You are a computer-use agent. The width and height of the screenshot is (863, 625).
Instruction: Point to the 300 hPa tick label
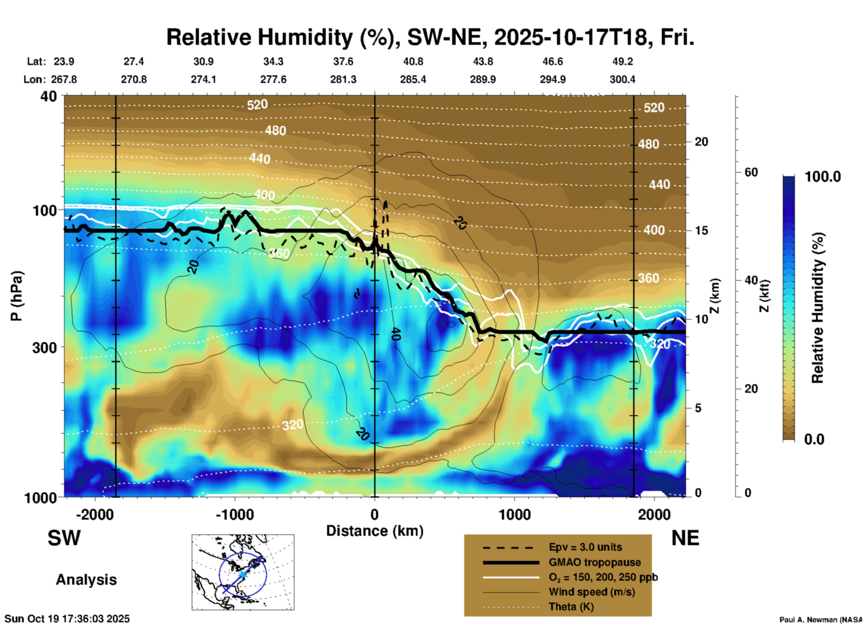44,347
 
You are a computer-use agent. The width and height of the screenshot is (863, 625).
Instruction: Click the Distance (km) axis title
375,531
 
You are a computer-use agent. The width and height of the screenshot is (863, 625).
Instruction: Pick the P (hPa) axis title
17,296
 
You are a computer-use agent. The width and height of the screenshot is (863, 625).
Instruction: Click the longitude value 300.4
622,79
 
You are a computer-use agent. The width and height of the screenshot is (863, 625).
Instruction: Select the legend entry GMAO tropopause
595,562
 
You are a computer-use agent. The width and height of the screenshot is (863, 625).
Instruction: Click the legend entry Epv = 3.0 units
585,547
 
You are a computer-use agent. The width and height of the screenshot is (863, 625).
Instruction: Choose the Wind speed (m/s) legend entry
591,592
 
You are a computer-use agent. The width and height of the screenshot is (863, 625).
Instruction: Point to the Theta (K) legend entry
571,607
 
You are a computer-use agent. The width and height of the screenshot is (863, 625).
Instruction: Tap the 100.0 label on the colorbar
823,177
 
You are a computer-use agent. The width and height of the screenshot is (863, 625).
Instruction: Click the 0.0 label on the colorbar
814,439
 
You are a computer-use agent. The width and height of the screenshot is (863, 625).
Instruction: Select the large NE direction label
685,538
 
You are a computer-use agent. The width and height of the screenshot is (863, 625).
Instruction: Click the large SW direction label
64,538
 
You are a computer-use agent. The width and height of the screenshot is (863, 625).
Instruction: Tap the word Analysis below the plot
86,580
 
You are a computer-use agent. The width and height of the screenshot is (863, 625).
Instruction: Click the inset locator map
243,572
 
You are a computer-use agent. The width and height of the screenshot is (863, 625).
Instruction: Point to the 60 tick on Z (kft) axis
751,172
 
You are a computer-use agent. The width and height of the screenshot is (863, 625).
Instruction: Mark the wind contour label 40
395,334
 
